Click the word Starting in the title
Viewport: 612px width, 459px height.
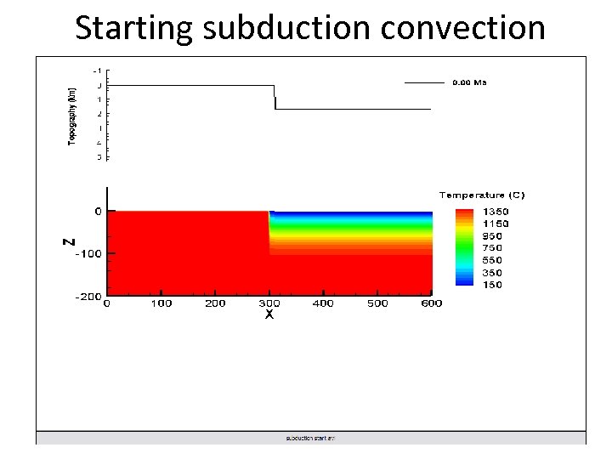pos(134,28)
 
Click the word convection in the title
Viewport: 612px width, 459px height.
pos(463,28)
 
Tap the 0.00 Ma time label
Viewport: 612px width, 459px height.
pos(468,82)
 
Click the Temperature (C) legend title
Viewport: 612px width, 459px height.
pos(482,195)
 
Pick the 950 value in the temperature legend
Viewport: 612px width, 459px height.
pos(492,236)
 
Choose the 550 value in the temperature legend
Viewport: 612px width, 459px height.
pos(492,260)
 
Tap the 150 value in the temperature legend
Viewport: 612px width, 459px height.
pos(492,285)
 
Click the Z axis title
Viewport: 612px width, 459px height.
pos(69,241)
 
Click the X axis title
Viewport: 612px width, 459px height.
pos(269,314)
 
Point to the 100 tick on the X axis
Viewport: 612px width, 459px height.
pos(161,303)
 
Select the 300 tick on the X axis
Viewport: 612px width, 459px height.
pos(269,303)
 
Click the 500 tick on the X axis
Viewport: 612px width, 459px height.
pos(377,303)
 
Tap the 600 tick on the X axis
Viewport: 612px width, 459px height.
pos(432,303)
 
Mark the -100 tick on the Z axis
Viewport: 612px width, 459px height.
pos(87,253)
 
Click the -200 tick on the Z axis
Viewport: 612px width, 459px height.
pos(87,297)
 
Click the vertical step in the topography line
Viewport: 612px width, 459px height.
pos(275,97)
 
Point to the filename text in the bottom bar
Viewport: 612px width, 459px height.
pos(310,439)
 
